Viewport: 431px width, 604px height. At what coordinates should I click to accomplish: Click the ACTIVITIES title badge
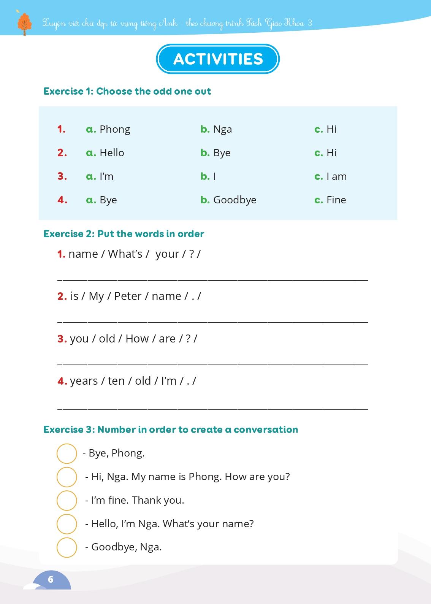coord(218,59)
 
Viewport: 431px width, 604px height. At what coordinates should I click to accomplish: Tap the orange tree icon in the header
coord(25,24)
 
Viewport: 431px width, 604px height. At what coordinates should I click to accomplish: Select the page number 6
coord(51,579)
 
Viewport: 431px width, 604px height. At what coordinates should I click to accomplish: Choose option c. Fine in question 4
coord(330,200)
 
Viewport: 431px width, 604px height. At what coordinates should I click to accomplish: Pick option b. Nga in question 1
coord(216,129)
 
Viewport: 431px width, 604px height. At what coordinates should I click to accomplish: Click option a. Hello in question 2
coord(105,153)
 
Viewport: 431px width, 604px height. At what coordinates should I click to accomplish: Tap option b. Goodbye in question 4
coord(228,200)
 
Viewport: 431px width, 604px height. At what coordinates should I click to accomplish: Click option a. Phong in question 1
coord(108,129)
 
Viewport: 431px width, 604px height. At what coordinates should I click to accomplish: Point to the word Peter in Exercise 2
coord(128,296)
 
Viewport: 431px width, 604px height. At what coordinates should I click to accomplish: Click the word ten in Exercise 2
coord(116,381)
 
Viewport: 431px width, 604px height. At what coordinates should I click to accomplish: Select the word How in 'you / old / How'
coord(137,339)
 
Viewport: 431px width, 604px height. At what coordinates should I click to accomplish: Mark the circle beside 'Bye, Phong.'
coord(67,453)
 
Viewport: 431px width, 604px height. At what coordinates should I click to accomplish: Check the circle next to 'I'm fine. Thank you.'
coord(67,500)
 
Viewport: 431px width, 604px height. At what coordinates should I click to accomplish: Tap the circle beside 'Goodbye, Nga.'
coord(67,547)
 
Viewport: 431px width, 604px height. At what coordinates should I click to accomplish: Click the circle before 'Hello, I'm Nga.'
coord(67,524)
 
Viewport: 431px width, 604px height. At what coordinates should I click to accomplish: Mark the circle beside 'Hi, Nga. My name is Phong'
coord(67,477)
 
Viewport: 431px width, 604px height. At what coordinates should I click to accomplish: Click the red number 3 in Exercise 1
coord(62,176)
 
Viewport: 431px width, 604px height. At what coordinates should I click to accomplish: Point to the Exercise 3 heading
coord(171,430)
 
